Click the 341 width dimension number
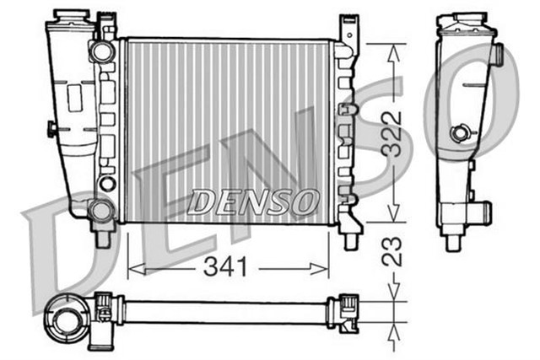[227, 267]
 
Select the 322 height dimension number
[390, 132]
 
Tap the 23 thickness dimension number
[390, 251]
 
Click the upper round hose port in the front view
[102, 51]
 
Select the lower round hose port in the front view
[101, 210]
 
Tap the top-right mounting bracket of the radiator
[346, 30]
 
